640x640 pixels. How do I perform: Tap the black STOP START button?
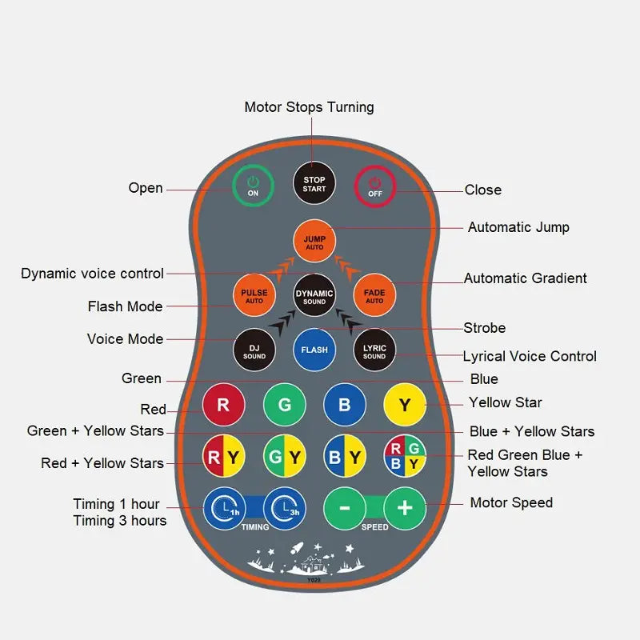(x=314, y=185)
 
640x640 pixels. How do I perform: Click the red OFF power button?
(x=374, y=186)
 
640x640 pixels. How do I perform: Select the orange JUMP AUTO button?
(x=314, y=238)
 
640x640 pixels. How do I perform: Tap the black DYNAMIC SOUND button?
(x=314, y=297)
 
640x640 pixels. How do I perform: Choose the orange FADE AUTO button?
(x=374, y=296)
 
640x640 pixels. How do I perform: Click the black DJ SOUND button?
(x=254, y=350)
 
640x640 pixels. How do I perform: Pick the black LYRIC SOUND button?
(x=374, y=350)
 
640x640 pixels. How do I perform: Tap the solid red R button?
(x=223, y=405)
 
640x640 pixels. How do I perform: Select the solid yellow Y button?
(x=405, y=405)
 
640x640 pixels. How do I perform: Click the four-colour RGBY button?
(x=405, y=457)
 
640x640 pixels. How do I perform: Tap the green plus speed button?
(x=405, y=508)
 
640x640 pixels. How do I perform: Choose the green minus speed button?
(x=345, y=508)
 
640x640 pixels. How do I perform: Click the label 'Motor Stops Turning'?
(x=309, y=107)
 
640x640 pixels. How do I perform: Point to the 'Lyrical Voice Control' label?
(x=530, y=357)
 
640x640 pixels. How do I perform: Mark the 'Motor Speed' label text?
(x=511, y=503)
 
